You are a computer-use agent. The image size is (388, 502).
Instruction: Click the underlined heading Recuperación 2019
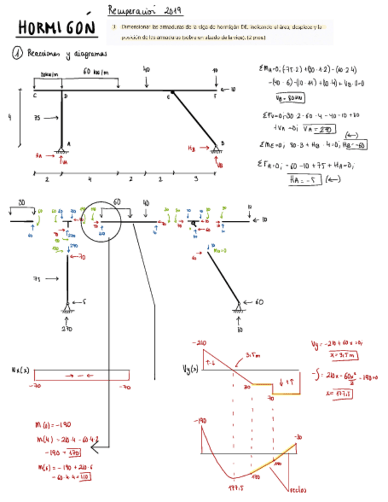(145, 10)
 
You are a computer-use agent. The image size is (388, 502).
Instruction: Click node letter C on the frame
(35, 95)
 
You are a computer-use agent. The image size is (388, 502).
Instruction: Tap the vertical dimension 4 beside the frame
(9, 117)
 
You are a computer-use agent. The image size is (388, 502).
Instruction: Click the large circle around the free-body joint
(101, 220)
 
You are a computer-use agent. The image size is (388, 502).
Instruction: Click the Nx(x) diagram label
(20, 371)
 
